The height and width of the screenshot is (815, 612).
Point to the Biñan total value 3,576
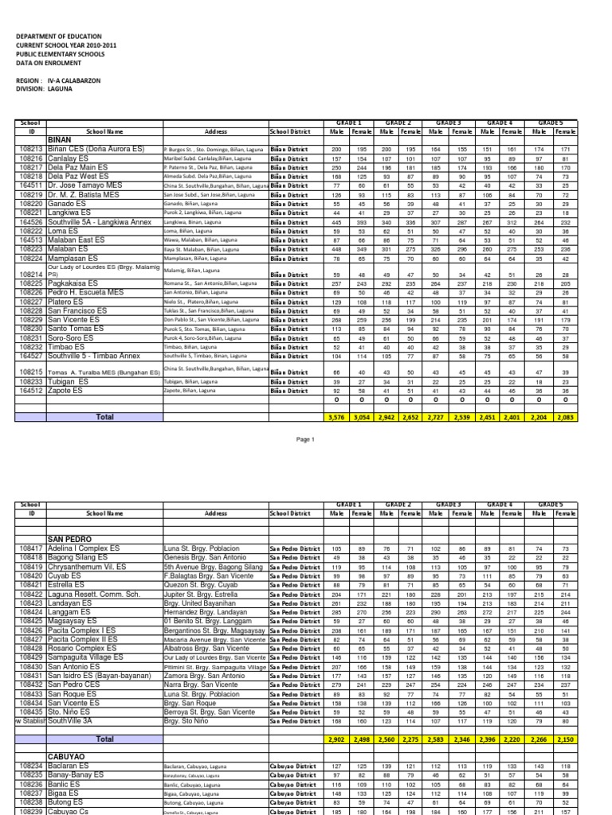coord(337,416)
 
